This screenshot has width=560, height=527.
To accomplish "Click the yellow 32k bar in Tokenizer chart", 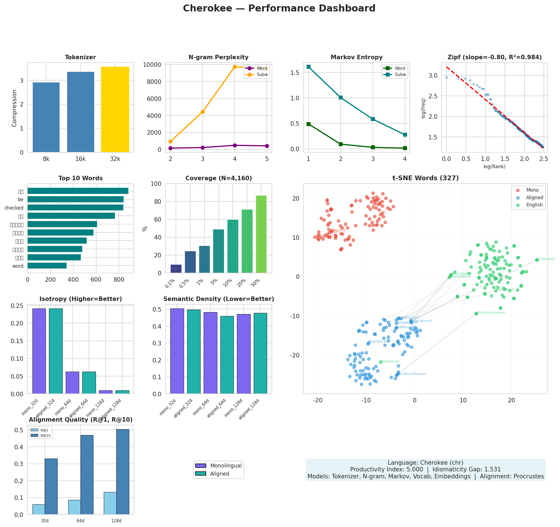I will click(115, 110).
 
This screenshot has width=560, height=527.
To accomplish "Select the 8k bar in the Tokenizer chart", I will click(46, 117).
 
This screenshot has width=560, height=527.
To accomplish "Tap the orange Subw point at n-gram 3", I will click(203, 112).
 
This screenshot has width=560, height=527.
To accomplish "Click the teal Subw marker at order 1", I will click(309, 67).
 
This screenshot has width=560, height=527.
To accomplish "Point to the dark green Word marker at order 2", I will click(341, 144).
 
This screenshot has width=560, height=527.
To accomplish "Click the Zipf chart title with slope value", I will click(494, 57).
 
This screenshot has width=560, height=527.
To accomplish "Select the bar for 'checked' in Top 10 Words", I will click(76, 208).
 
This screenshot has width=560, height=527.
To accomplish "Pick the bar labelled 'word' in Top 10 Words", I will click(47, 266).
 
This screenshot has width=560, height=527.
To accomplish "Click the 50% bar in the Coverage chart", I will click(261, 234).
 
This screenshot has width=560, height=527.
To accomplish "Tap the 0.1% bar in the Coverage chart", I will click(176, 269).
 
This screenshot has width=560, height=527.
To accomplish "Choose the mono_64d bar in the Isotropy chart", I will click(72, 383).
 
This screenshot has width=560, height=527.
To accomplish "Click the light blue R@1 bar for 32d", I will click(39, 510).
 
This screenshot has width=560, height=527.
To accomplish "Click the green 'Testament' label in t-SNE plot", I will click(546, 259).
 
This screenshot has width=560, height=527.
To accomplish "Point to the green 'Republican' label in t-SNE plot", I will click(390, 361).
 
